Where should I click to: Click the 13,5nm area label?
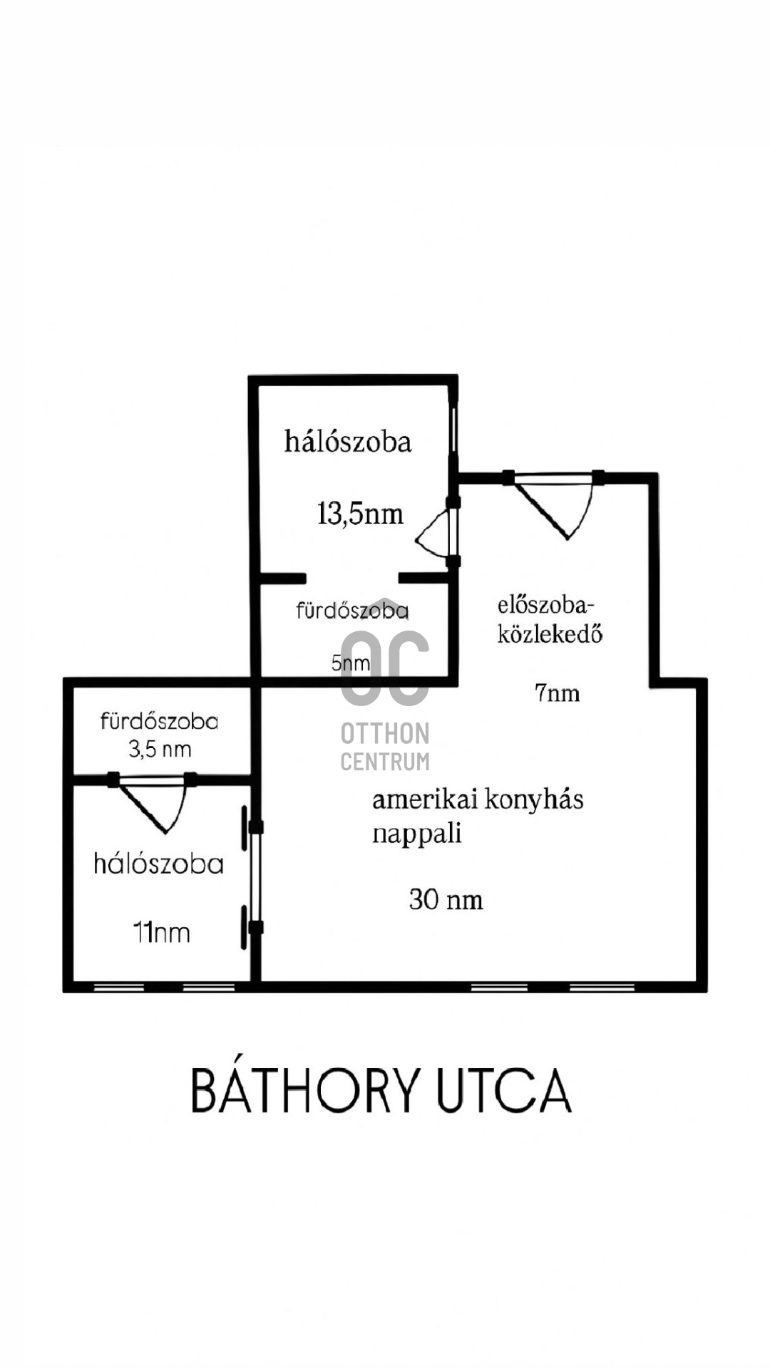pyautogui.click(x=360, y=513)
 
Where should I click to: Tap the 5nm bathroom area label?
pyautogui.click(x=351, y=663)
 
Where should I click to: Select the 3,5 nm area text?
pyautogui.click(x=160, y=750)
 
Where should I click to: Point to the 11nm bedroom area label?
pyautogui.click(x=162, y=933)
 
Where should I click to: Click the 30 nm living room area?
pyautogui.click(x=446, y=900)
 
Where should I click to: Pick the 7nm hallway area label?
pyautogui.click(x=557, y=693)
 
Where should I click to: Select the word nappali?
pyautogui.click(x=417, y=834)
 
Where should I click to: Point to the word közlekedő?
pyautogui.click(x=550, y=633)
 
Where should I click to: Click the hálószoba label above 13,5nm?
pyautogui.click(x=348, y=441)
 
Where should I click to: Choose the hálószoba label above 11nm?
pyautogui.click(x=159, y=864)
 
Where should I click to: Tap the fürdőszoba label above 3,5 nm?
pyautogui.click(x=159, y=721)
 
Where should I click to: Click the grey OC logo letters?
pyautogui.click(x=385, y=668)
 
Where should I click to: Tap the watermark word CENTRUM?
pyautogui.click(x=385, y=762)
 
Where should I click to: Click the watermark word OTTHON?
pyautogui.click(x=385, y=733)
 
